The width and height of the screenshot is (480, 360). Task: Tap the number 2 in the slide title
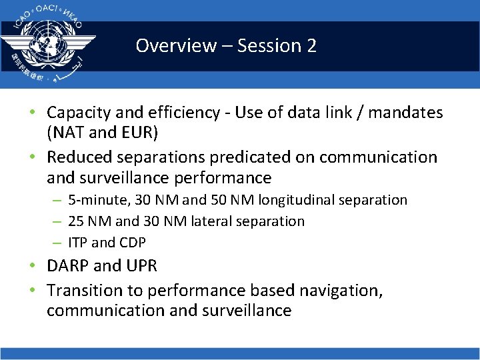coord(311,46)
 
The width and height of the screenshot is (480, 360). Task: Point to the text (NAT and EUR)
coord(102,133)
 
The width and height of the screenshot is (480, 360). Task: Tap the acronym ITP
coord(79,243)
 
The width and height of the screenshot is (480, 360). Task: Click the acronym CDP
coord(132,243)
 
